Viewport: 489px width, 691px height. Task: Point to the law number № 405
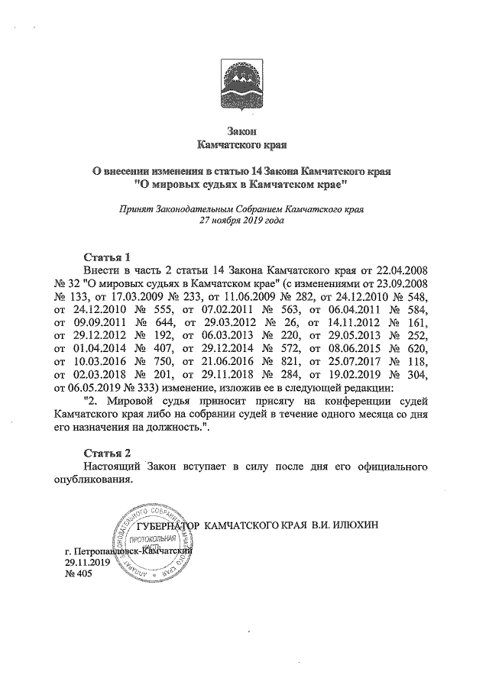[x=79, y=573]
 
